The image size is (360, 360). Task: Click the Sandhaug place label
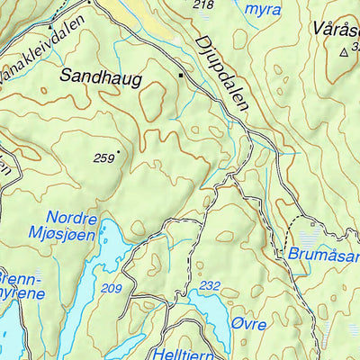[x=101, y=78]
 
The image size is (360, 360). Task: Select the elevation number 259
[x=104, y=157]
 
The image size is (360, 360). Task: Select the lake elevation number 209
[x=112, y=288]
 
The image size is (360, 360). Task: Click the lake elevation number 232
[x=210, y=285]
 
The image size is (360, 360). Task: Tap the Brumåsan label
[x=322, y=255]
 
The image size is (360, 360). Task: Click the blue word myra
[x=263, y=10]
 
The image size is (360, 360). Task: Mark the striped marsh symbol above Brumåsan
[x=309, y=238]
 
